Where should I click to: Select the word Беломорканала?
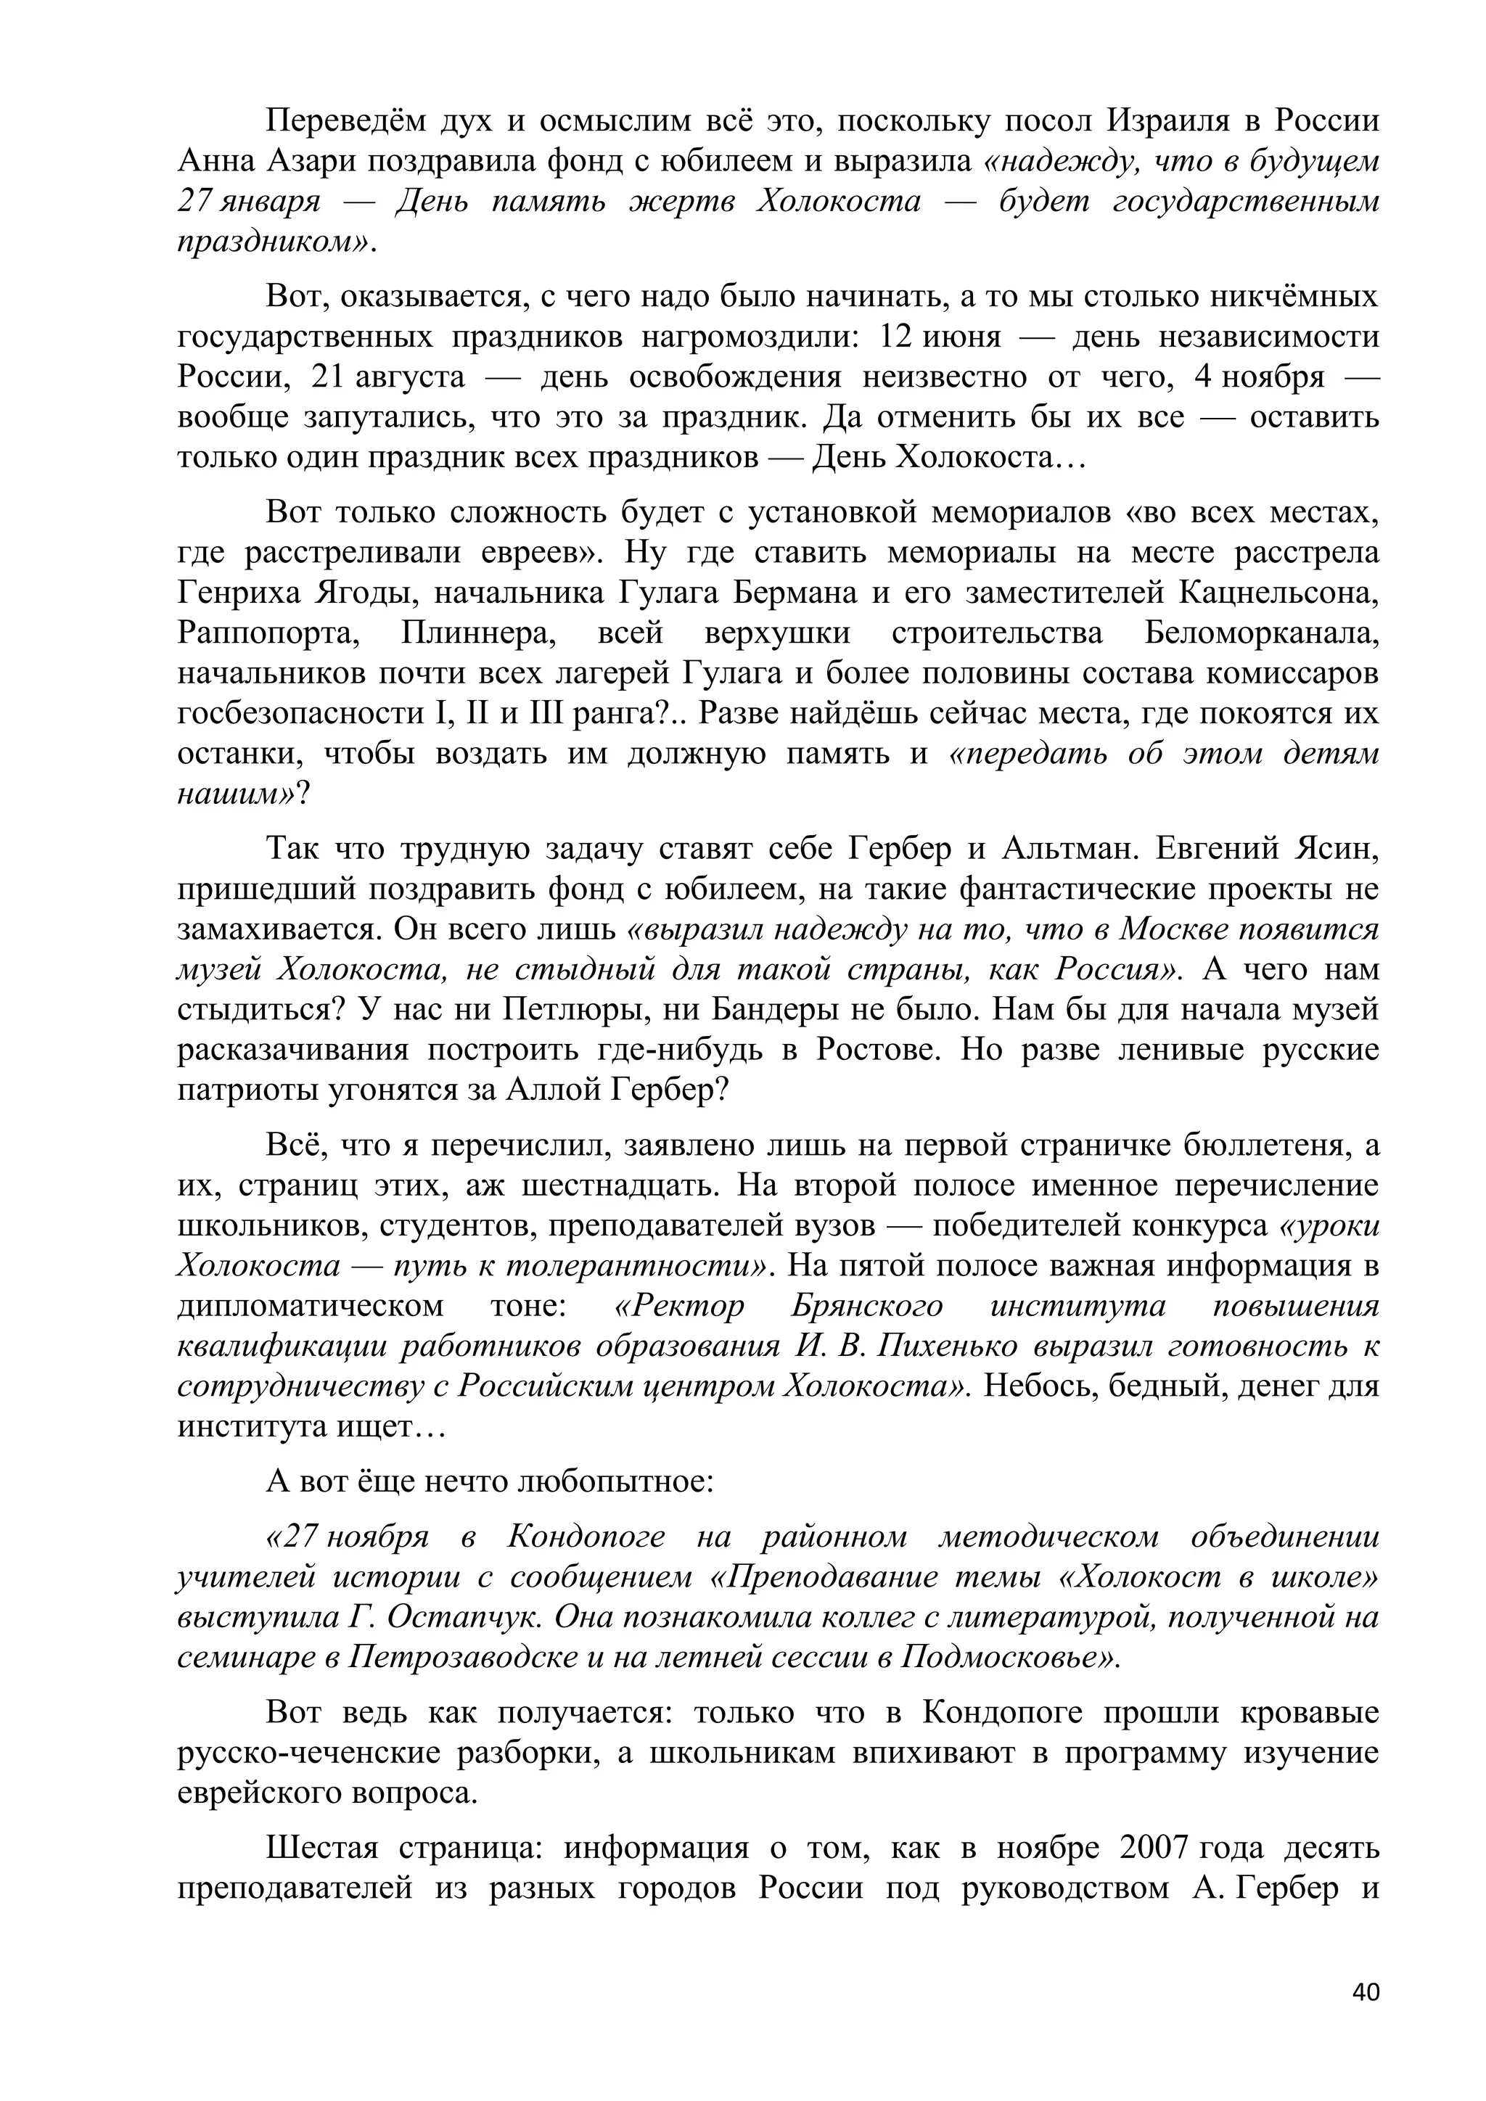1262,633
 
